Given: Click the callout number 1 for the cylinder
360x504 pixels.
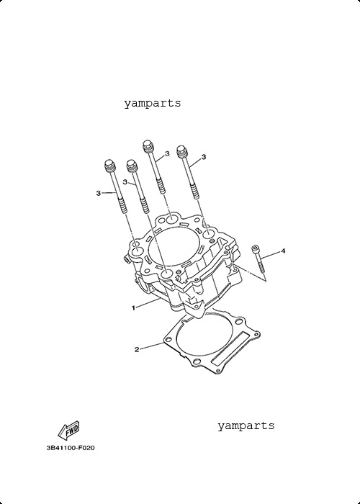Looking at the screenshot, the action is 133,308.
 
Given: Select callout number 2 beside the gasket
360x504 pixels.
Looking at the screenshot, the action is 137,349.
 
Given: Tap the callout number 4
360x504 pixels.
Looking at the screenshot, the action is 283,251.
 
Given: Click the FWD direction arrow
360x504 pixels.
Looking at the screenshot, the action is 68,431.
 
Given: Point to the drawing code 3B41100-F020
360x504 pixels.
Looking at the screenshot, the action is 71,448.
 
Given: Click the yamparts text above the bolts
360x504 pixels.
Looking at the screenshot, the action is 153,104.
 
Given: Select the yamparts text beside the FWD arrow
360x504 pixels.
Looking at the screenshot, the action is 246,426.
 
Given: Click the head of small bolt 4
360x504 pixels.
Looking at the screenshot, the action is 256,248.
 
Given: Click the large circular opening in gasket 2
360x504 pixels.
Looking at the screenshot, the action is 204,335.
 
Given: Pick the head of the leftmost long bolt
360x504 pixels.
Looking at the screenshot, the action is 110,165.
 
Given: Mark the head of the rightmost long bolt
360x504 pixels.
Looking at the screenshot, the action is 182,151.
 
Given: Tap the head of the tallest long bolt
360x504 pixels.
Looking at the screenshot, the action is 148,146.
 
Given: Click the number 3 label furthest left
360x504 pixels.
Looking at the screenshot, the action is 99,193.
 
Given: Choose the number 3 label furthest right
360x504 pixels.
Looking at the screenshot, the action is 204,157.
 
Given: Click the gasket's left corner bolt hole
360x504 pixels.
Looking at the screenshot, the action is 168,339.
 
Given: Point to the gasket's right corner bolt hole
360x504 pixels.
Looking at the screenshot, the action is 256,335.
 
